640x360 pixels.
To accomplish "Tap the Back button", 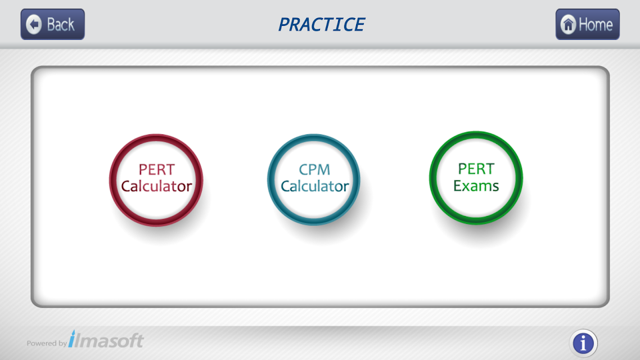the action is click(53, 24).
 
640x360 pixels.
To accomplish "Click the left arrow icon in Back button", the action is click(34, 25).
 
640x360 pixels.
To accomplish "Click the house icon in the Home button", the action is click(568, 25).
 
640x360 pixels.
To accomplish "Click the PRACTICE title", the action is click(321, 25).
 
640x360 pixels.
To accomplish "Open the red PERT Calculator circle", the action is click(156, 180).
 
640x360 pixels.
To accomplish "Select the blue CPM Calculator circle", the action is click(314, 179).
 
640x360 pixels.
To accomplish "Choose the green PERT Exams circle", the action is click(476, 178).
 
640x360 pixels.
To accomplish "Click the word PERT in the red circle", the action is click(156, 169).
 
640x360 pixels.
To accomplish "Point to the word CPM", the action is click(314, 169).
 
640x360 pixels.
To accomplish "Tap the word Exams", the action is click(476, 186).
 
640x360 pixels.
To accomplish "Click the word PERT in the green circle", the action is click(476, 169).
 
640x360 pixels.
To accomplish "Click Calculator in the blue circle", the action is click(315, 186).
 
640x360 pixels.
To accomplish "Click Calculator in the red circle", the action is click(156, 186).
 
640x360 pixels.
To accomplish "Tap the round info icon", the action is click(583, 343).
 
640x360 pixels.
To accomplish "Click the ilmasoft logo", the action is click(106, 339).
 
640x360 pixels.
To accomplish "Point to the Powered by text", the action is click(47, 343).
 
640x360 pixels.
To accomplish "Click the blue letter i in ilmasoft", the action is click(72, 339).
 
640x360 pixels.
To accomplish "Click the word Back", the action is click(61, 25).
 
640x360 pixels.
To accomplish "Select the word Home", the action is click(596, 25).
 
